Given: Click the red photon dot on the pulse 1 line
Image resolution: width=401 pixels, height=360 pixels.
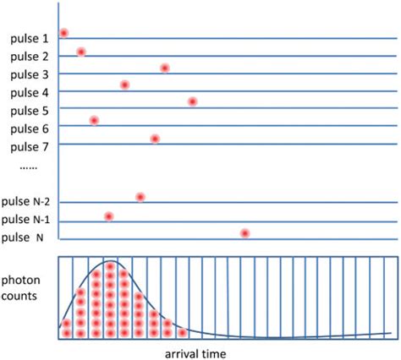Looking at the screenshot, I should click(63, 33).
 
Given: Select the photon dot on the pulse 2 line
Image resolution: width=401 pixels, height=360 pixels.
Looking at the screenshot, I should click(81, 52).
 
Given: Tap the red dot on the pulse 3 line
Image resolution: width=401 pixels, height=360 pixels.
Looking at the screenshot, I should click(165, 68).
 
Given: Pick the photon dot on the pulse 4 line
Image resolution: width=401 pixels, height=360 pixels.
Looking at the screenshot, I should click(124, 85).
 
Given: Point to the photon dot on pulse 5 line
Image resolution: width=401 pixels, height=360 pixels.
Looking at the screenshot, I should click(193, 101).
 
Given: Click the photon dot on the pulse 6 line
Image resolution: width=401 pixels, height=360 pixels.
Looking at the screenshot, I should click(94, 120).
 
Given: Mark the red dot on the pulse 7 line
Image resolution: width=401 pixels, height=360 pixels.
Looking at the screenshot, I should click(155, 139).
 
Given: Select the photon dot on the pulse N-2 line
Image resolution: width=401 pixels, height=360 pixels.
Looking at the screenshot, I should click(140, 197).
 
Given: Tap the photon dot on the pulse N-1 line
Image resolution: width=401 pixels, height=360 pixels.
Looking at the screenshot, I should click(109, 216).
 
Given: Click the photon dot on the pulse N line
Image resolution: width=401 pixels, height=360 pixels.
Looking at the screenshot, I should click(244, 232).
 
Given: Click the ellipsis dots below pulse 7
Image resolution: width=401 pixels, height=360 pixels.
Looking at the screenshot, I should click(27, 169).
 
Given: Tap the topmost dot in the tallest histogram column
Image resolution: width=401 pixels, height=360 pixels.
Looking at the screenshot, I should click(110, 265).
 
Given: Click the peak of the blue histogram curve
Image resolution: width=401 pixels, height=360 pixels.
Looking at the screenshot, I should click(109, 259).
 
